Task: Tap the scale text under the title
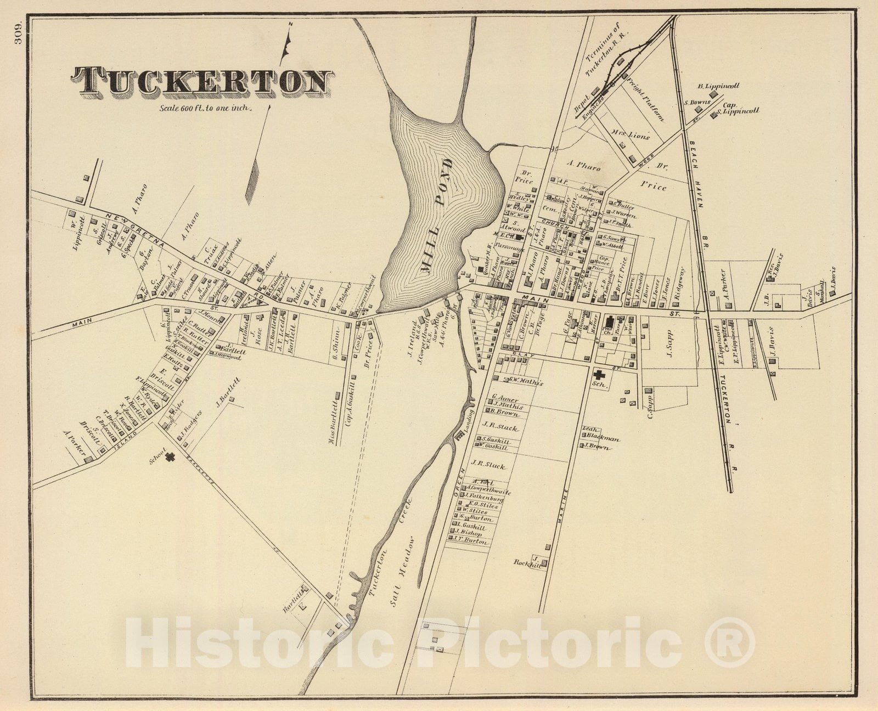point(206,108)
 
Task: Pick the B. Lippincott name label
point(719,86)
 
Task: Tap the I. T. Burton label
point(471,541)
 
